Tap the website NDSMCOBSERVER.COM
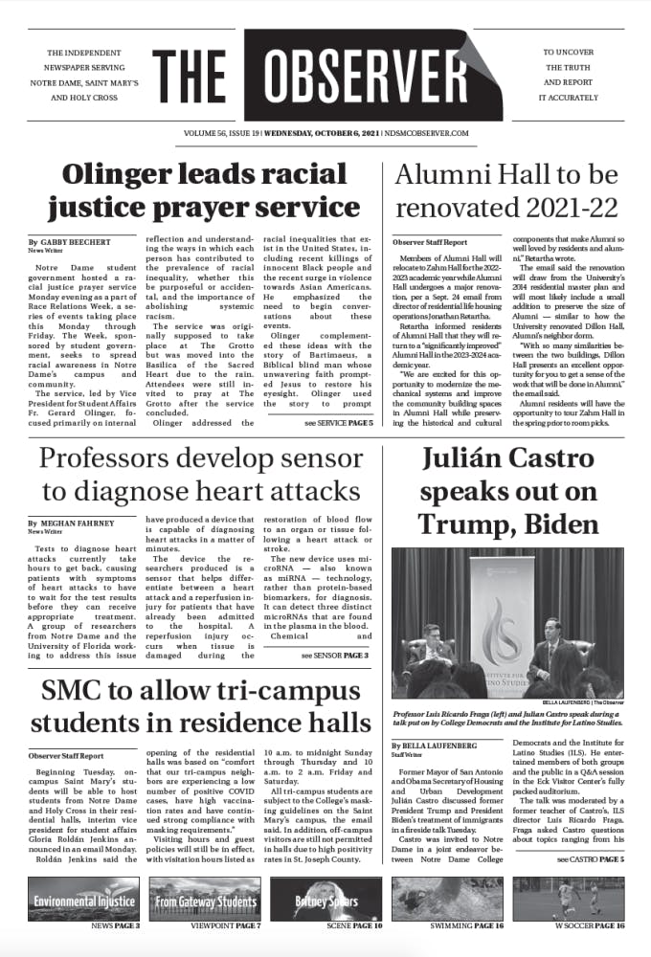tap(428, 134)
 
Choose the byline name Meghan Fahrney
tap(75, 524)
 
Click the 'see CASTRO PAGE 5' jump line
tap(590, 859)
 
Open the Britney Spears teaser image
tap(325, 901)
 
